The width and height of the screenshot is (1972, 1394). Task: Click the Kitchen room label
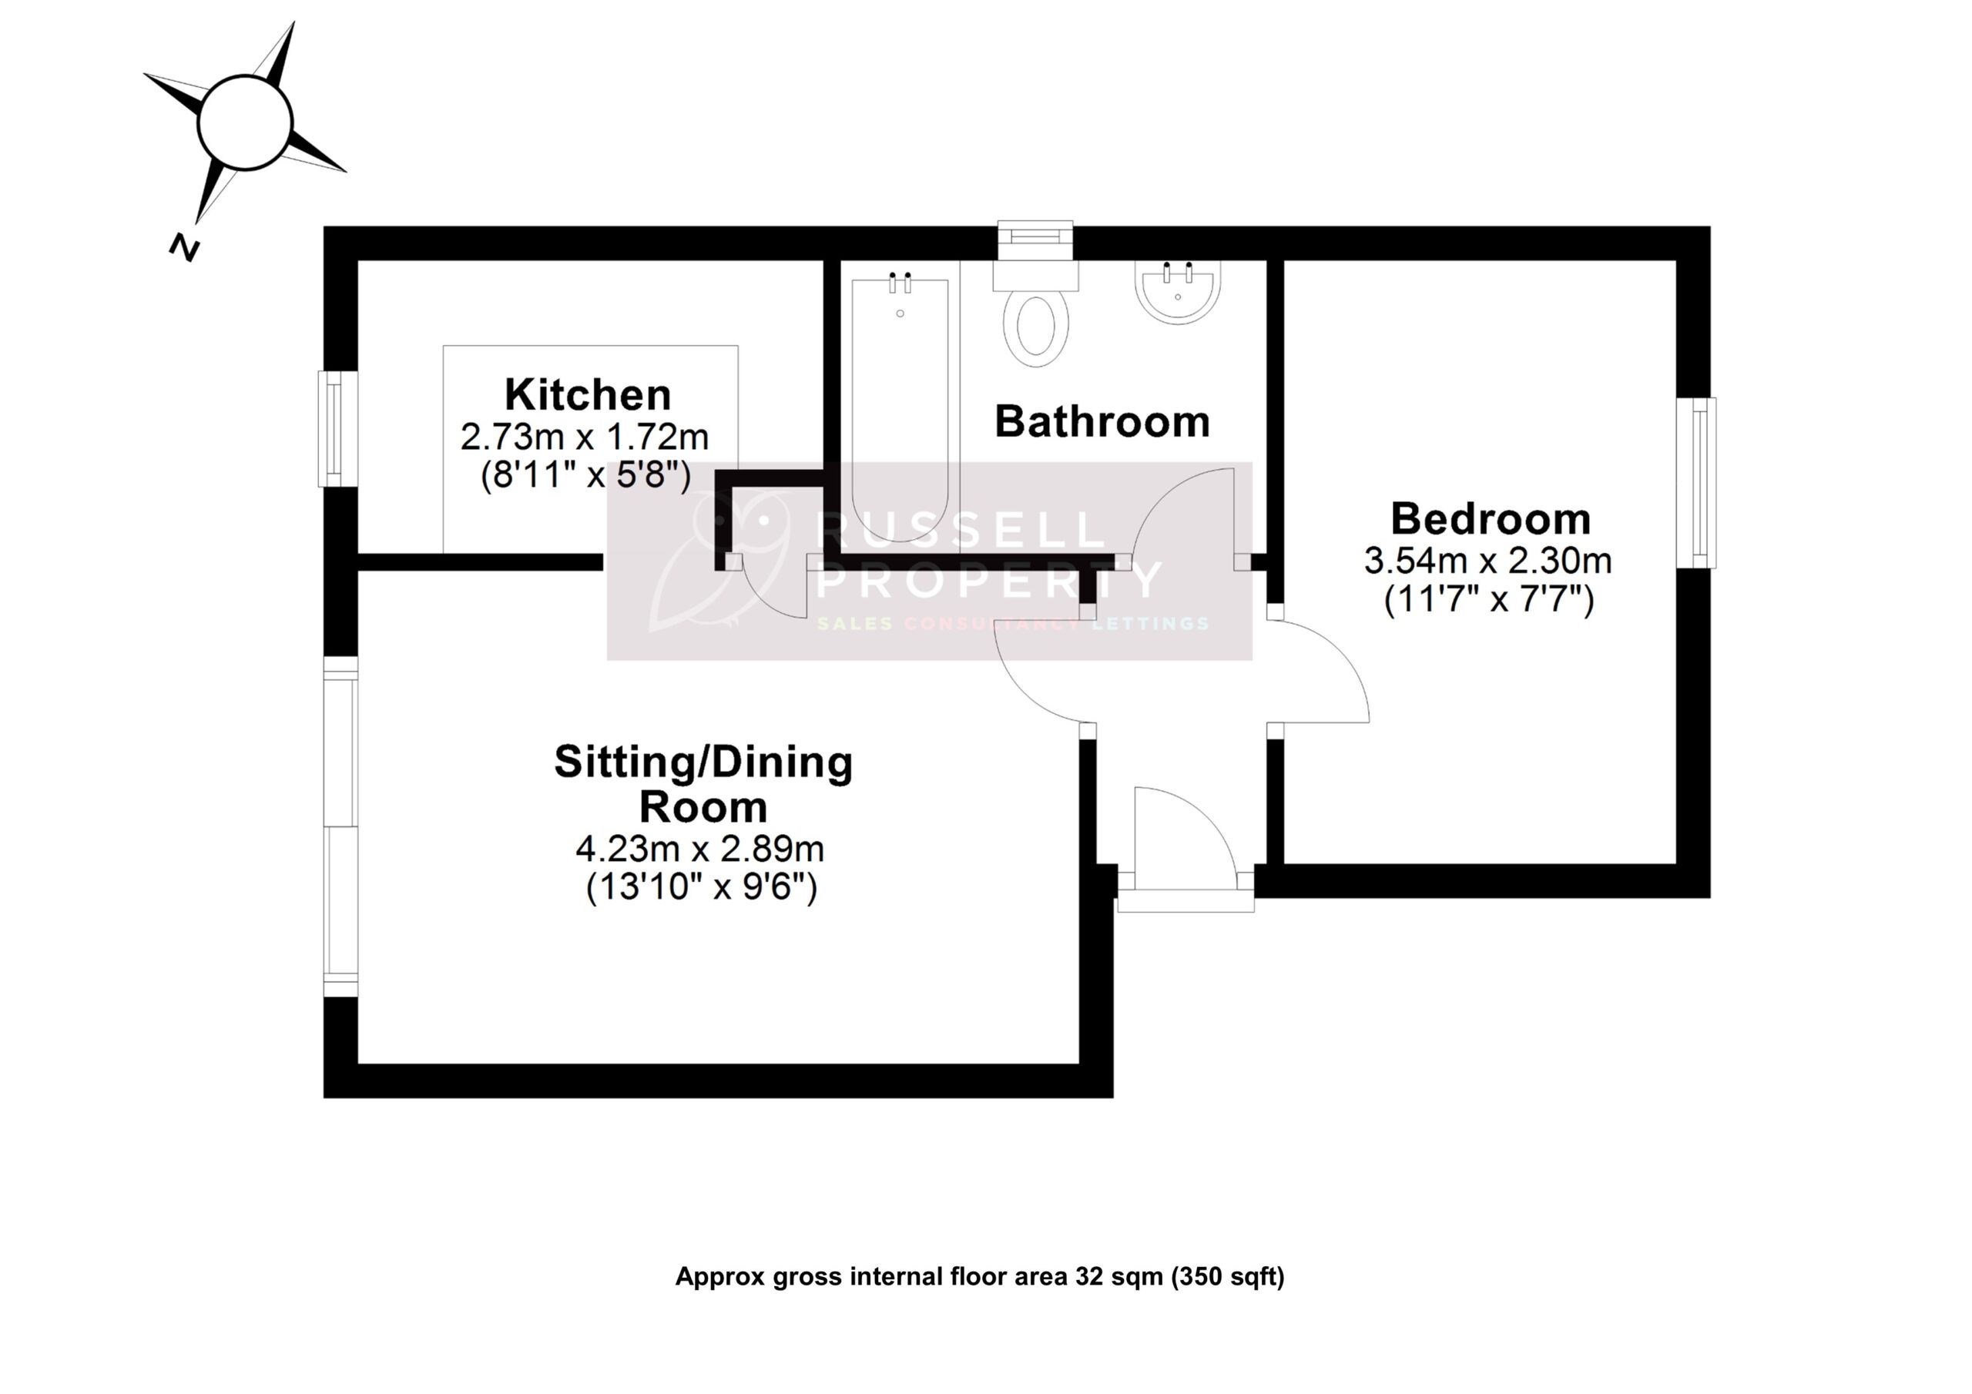588,395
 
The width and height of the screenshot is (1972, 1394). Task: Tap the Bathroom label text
1102,422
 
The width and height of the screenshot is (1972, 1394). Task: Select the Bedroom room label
1490,519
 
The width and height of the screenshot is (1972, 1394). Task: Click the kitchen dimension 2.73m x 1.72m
584,437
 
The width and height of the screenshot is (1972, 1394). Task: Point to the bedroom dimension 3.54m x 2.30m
1487,561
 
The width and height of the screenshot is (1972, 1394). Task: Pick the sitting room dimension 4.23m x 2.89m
699,849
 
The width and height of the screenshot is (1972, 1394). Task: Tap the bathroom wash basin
1178,292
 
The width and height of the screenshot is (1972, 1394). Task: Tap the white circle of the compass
246,122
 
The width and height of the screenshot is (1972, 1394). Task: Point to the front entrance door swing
1186,837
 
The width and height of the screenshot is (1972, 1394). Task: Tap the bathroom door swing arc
1186,515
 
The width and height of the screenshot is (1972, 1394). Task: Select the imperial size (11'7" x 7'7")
1488,598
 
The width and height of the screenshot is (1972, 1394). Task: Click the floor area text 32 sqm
1113,1277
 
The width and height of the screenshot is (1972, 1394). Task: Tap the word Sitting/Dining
703,762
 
